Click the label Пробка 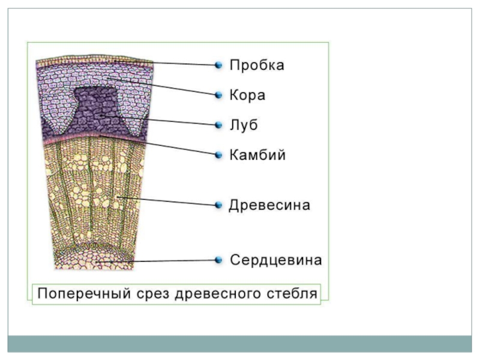[x=257, y=65]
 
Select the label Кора [x=248, y=95]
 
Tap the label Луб [x=244, y=125]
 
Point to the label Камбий [x=257, y=155]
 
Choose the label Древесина [x=269, y=205]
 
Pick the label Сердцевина [x=276, y=260]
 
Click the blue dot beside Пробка [x=219, y=65]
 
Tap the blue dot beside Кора [x=219, y=95]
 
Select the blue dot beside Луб [x=219, y=125]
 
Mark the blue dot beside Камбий [x=219, y=155]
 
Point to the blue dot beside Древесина [x=219, y=205]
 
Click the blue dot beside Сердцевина [x=219, y=260]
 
